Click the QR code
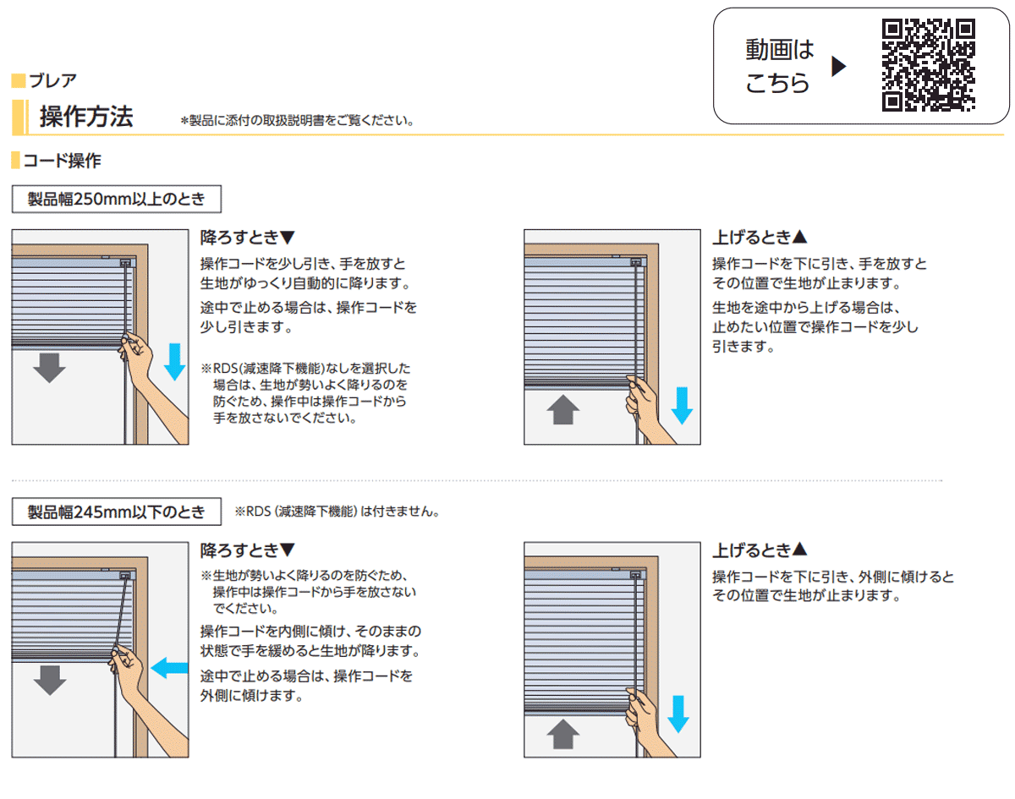coord(928,65)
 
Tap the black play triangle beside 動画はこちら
coord(838,67)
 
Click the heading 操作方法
coord(86,117)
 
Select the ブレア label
coord(52,81)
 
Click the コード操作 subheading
coord(62,161)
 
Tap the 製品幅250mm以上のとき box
coord(117,200)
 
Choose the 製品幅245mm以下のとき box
coord(117,512)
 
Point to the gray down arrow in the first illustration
coord(49,368)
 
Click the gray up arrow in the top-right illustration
coord(563,410)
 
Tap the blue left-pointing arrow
coord(169,668)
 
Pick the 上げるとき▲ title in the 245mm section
coord(760,550)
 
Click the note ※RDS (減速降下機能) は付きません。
coord(337,512)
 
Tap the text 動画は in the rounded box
coord(779,50)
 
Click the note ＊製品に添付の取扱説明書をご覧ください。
coord(297,121)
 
